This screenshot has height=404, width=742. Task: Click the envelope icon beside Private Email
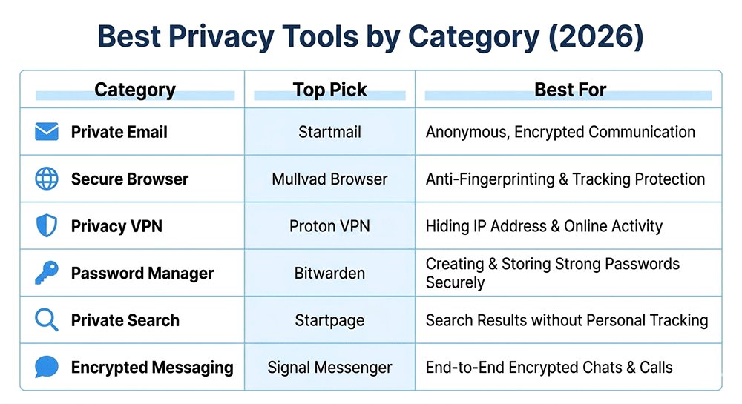click(46, 132)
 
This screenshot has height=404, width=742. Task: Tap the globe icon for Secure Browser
click(46, 179)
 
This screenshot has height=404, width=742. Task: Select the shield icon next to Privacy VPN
click(46, 225)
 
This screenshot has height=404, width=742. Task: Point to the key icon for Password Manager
click(46, 273)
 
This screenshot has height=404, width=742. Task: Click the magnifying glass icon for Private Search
click(46, 320)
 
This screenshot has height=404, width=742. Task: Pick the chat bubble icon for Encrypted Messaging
click(46, 367)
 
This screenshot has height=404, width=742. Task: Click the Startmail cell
click(329, 132)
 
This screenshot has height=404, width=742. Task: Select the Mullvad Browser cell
click(329, 179)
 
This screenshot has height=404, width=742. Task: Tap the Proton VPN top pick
click(329, 225)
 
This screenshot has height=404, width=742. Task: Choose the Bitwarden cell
click(329, 273)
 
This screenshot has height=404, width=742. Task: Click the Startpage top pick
click(329, 320)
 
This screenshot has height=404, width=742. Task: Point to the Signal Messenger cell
click(329, 367)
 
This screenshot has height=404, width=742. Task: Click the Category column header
click(134, 90)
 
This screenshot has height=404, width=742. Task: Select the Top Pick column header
click(329, 90)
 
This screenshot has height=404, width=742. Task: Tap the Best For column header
click(570, 90)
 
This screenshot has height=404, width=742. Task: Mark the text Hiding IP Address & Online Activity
click(544, 225)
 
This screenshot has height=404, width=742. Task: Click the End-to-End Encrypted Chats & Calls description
click(549, 367)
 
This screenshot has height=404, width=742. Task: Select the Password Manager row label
click(142, 273)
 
